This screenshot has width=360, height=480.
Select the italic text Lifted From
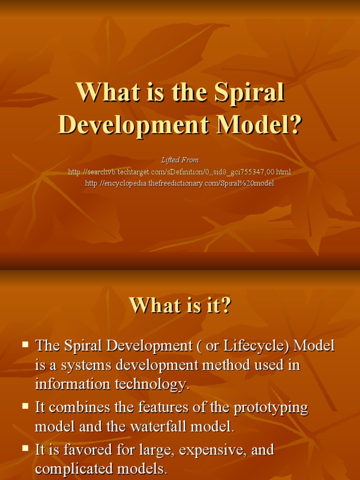point(180,160)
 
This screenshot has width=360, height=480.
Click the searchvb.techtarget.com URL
point(180,172)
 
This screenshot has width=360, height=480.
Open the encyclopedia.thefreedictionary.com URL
point(180,183)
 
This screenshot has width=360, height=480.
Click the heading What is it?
point(180,306)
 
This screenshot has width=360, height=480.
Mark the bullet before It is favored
point(25,449)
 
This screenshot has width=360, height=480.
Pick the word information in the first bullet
point(67,384)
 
